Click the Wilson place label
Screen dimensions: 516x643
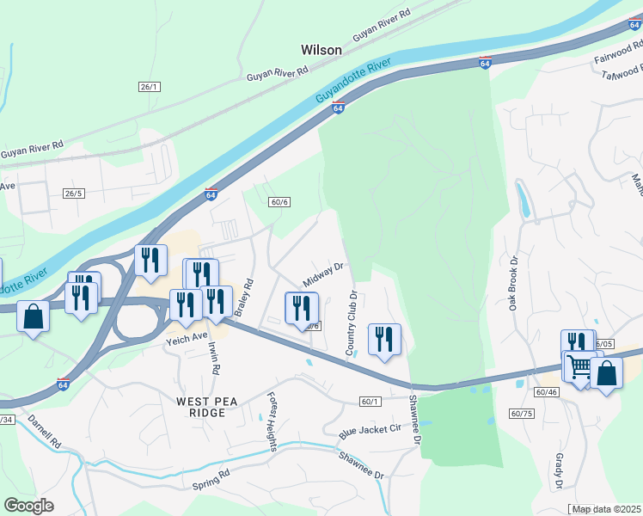[321, 50]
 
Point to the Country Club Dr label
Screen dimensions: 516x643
[352, 323]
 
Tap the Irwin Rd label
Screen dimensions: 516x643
[214, 356]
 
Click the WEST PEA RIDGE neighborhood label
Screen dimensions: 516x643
[201, 407]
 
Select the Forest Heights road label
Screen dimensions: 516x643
[272, 422]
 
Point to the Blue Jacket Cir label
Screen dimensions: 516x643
[370, 427]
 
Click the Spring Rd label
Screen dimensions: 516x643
[211, 480]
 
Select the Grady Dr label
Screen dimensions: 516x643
[559, 473]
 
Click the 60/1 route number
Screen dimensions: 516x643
[370, 402]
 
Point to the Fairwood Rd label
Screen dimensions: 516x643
[618, 58]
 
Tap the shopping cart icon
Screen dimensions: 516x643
[580, 367]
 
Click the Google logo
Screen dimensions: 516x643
[28, 506]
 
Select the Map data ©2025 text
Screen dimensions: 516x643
[607, 509]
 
